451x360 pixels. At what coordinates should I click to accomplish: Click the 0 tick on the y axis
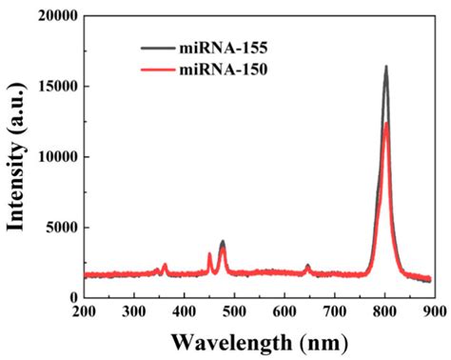pos(70,298)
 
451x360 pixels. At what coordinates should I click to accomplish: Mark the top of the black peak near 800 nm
pos(386,67)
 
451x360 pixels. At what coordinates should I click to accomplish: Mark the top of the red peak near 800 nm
pos(386,123)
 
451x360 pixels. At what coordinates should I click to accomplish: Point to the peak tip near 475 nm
pos(222,242)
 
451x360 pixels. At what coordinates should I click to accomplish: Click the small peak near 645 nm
pos(307,266)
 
